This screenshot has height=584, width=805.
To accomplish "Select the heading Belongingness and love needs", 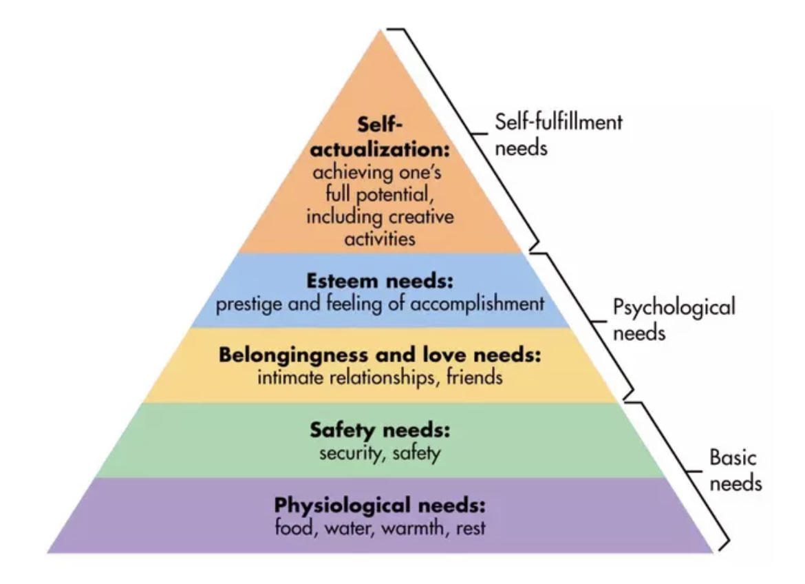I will point(379,357).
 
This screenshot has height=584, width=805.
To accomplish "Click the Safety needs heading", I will point(379,432).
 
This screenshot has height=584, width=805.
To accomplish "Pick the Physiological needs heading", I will point(379,505).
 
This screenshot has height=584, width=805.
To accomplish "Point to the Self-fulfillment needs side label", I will point(558,134).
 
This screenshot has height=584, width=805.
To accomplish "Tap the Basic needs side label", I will point(734,470).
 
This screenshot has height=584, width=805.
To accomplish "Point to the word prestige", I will point(245,304).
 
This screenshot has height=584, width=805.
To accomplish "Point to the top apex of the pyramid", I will point(380,30).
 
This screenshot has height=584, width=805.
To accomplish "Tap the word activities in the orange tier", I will point(379,239).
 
